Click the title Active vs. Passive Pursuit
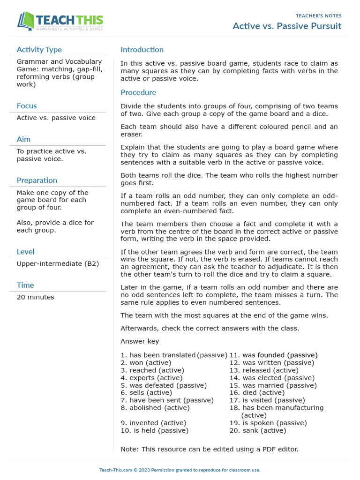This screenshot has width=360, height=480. pos(287,26)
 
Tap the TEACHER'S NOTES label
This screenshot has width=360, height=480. pos(319,16)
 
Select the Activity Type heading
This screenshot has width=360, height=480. pos(39,50)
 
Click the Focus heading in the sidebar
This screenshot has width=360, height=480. pos(27,106)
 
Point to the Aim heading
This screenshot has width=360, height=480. pos(23,139)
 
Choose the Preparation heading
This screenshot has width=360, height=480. pos(37,180)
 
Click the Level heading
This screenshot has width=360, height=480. pos(25,252)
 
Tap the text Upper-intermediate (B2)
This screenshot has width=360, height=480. pos(58,263)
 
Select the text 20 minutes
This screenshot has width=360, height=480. pos(35,297)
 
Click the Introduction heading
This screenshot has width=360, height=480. pos(142,50)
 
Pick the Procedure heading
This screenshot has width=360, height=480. pos(138,92)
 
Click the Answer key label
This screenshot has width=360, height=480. pos(140,341)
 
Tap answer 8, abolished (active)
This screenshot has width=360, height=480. pos(155,408)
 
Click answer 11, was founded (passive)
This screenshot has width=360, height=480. pos(273,355)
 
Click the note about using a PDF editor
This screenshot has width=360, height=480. pos(209,449)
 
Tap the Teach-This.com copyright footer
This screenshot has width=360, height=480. pos(180,470)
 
